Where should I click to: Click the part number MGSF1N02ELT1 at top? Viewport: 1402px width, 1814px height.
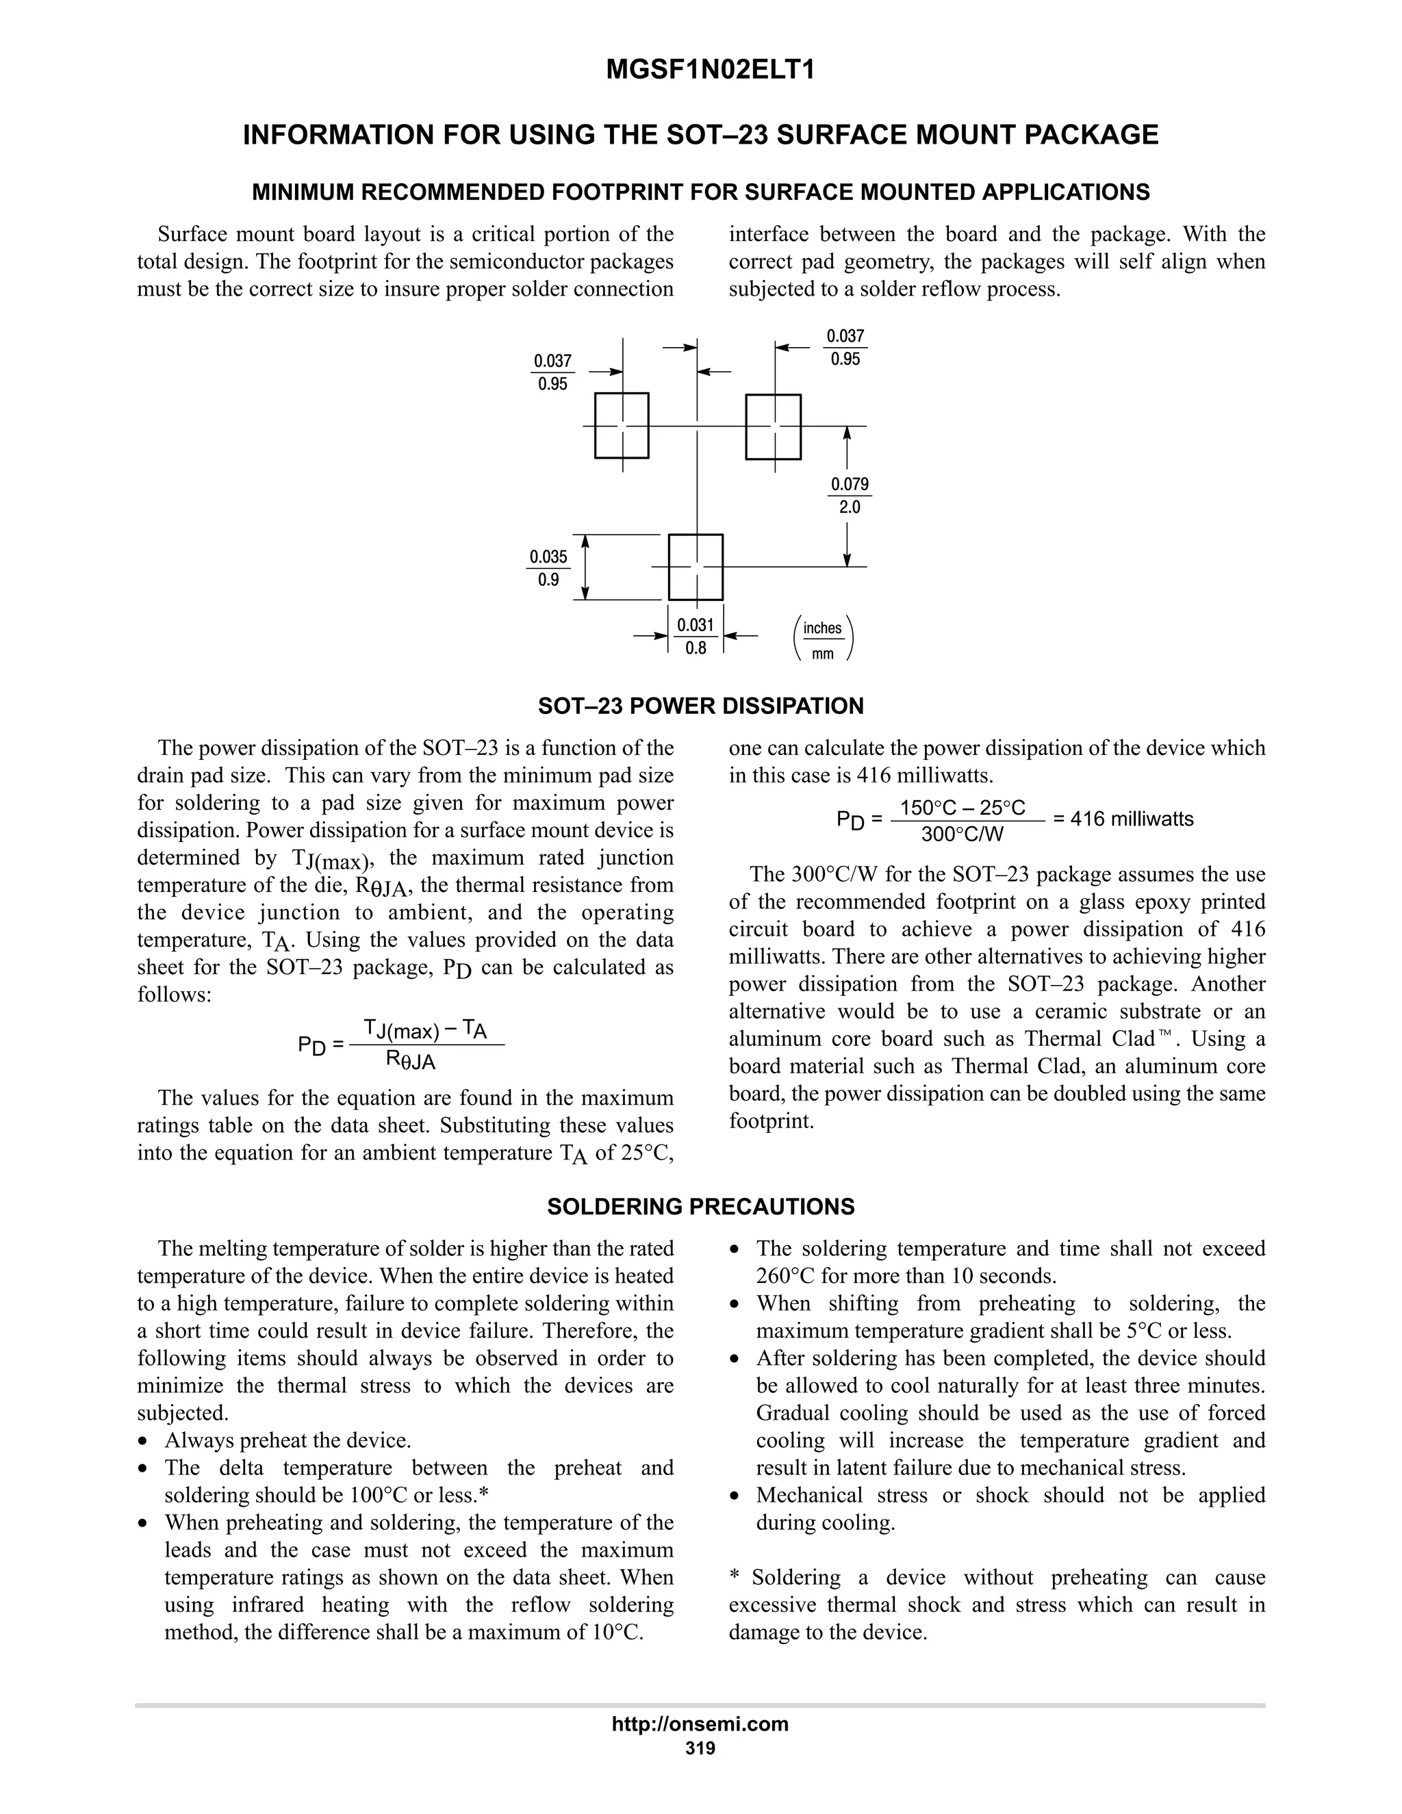pyautogui.click(x=710, y=70)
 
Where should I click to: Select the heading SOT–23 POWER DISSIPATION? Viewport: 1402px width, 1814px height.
pyautogui.click(x=700, y=706)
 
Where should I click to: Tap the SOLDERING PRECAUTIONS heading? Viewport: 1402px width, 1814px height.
pyautogui.click(x=700, y=1207)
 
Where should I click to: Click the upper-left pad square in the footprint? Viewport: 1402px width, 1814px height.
pyautogui.click(x=622, y=425)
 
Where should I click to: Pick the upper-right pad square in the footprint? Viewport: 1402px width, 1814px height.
pyautogui.click(x=774, y=426)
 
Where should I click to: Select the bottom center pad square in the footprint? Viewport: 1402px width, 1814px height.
pyautogui.click(x=696, y=567)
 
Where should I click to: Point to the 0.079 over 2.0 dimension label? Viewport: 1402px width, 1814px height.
pyautogui.click(x=850, y=496)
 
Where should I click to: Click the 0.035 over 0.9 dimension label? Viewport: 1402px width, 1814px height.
pyautogui.click(x=549, y=568)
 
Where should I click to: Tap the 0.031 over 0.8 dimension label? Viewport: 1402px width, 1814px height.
pyautogui.click(x=696, y=636)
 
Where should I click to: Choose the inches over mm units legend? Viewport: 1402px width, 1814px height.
pyautogui.click(x=822, y=639)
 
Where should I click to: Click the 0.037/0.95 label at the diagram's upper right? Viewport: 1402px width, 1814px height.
pyautogui.click(x=845, y=347)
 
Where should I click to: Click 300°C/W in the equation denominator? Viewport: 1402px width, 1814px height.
pyautogui.click(x=963, y=834)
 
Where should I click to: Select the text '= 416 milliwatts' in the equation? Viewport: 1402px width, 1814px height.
pyautogui.click(x=1123, y=819)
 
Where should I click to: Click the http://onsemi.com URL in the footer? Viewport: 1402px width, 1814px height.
pyautogui.click(x=700, y=1724)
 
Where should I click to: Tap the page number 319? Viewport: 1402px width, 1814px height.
pyautogui.click(x=700, y=1748)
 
